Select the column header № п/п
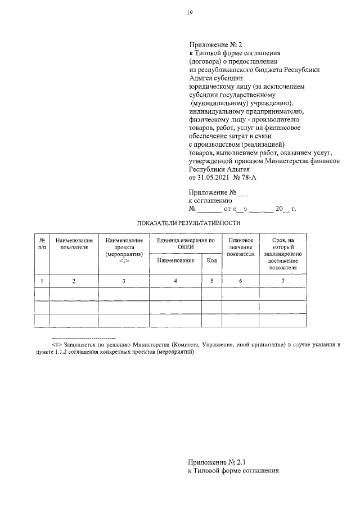42,244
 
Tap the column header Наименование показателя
74,244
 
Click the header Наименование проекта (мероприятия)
124,247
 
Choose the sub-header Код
211,260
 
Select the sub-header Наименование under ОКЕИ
175,260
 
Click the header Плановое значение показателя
240,247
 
